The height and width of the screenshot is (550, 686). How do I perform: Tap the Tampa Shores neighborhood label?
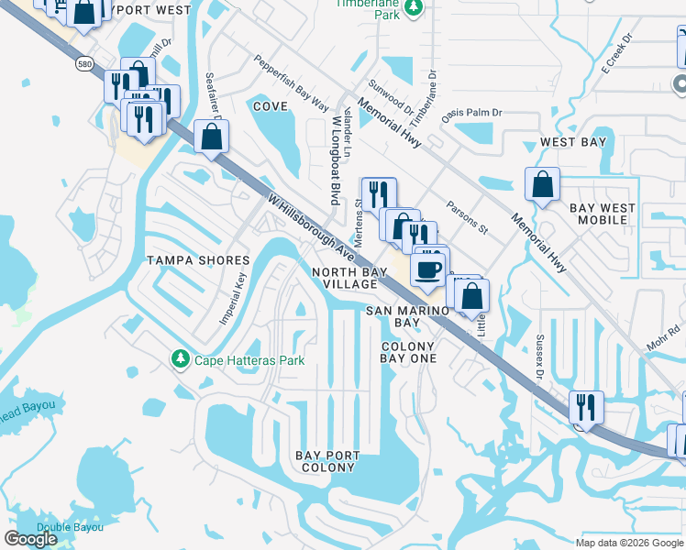(x=198, y=261)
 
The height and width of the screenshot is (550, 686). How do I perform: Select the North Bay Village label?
(x=344, y=278)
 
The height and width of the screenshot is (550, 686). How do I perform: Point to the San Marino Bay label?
(x=407, y=316)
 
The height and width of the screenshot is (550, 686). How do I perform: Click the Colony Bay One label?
(x=408, y=352)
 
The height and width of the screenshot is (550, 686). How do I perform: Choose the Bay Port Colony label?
(x=325, y=461)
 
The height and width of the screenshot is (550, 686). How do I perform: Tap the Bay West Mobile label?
(x=603, y=214)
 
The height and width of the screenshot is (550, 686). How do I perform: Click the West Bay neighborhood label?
(x=573, y=142)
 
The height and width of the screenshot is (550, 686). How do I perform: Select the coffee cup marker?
(x=427, y=269)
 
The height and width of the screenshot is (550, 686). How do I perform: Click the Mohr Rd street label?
(x=668, y=330)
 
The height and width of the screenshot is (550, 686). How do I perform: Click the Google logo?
(x=30, y=539)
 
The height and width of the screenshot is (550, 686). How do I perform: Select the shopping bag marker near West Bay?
(x=542, y=184)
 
